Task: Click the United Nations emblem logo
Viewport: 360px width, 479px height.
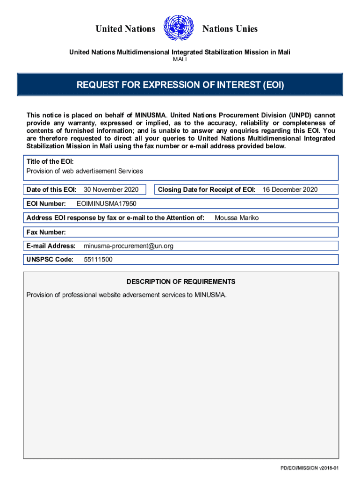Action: [179, 29]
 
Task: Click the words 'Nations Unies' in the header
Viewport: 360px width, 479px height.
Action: [230, 29]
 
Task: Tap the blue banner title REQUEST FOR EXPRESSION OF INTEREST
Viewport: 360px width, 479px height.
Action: [180, 85]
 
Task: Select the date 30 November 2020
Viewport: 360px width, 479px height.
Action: [111, 189]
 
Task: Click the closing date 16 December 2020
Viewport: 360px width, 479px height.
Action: [290, 189]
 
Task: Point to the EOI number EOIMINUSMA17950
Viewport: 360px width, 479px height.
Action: [106, 203]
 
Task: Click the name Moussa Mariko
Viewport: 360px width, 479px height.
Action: [237, 218]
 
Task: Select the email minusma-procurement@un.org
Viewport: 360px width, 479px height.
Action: [128, 246]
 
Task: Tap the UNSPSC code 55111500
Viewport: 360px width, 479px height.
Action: [98, 260]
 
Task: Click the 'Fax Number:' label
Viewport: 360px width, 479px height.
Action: [46, 232]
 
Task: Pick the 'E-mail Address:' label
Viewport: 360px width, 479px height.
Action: [51, 246]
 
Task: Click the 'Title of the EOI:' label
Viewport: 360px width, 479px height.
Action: [50, 161]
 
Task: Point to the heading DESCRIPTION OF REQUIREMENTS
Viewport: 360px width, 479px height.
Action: [181, 282]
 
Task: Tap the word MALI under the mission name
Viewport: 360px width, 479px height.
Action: [180, 60]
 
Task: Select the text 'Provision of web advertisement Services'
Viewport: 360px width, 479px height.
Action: [85, 171]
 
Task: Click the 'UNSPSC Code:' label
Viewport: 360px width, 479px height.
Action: [50, 260]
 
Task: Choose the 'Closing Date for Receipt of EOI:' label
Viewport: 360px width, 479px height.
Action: [207, 189]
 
